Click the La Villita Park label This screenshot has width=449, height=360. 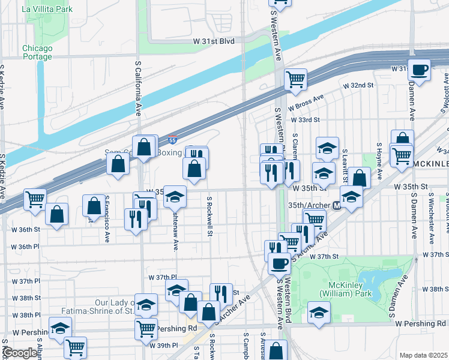tap(47, 9)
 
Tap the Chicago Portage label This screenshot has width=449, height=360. tap(38, 52)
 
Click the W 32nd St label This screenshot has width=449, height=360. tap(358, 86)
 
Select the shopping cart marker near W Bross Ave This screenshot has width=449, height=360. tap(295, 79)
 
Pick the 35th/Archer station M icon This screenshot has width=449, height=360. tap(337, 205)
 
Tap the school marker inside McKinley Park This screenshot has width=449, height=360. tap(319, 312)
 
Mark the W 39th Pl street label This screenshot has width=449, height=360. tap(166, 346)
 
